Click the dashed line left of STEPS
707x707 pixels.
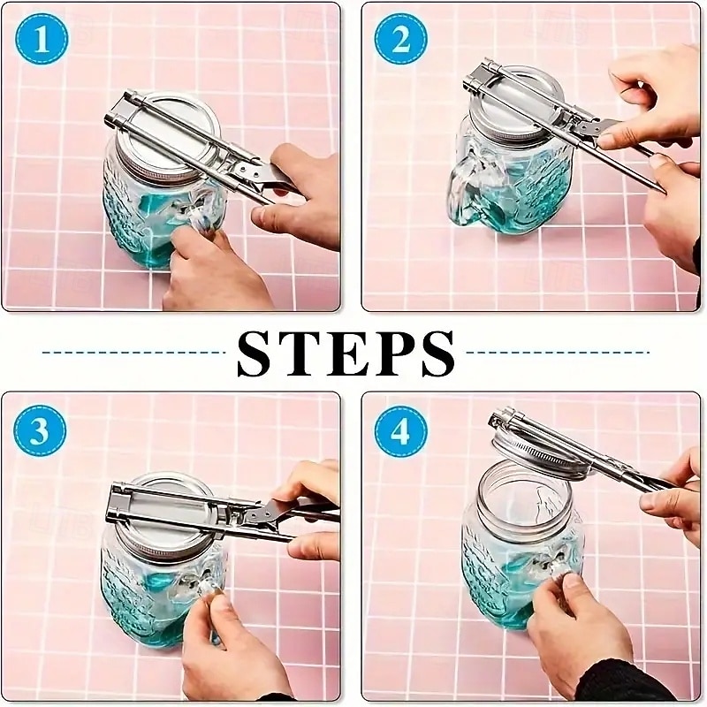point(133,352)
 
